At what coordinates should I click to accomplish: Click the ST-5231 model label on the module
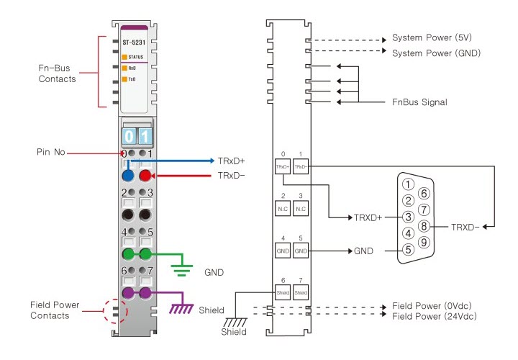(132, 42)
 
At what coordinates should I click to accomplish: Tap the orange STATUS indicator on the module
(125, 55)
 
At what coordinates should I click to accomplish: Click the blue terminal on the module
(128, 175)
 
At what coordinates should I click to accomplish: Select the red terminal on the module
(145, 175)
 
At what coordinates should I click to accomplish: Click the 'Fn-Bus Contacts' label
(57, 73)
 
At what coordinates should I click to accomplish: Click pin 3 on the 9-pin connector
(408, 216)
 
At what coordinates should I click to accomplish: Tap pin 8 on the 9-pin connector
(424, 225)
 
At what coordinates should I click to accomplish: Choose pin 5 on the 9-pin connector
(408, 250)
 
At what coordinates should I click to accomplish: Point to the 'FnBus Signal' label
(419, 102)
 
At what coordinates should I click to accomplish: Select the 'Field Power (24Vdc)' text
(434, 316)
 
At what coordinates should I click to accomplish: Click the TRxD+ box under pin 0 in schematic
(282, 166)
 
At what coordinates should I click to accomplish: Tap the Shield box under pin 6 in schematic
(282, 292)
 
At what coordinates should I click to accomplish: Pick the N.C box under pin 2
(282, 208)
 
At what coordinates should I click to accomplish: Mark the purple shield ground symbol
(179, 308)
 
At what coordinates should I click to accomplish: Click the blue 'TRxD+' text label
(231, 161)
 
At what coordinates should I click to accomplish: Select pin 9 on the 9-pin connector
(424, 241)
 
